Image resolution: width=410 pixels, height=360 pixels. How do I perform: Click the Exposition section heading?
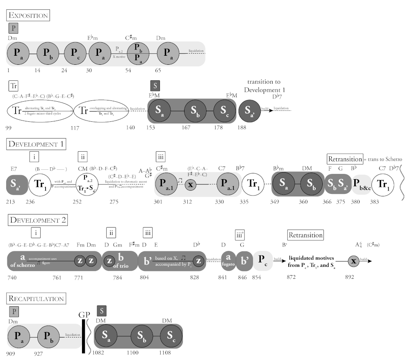pyautogui.click(x=28, y=16)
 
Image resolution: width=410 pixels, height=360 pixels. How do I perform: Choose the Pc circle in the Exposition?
pyautogui.click(x=75, y=54)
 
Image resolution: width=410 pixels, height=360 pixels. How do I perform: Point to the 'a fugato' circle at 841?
pyautogui.click(x=228, y=260)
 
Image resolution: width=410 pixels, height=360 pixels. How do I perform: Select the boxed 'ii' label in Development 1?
pyautogui.click(x=84, y=157)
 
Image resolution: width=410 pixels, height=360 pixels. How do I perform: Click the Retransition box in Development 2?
pyautogui.click(x=305, y=235)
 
